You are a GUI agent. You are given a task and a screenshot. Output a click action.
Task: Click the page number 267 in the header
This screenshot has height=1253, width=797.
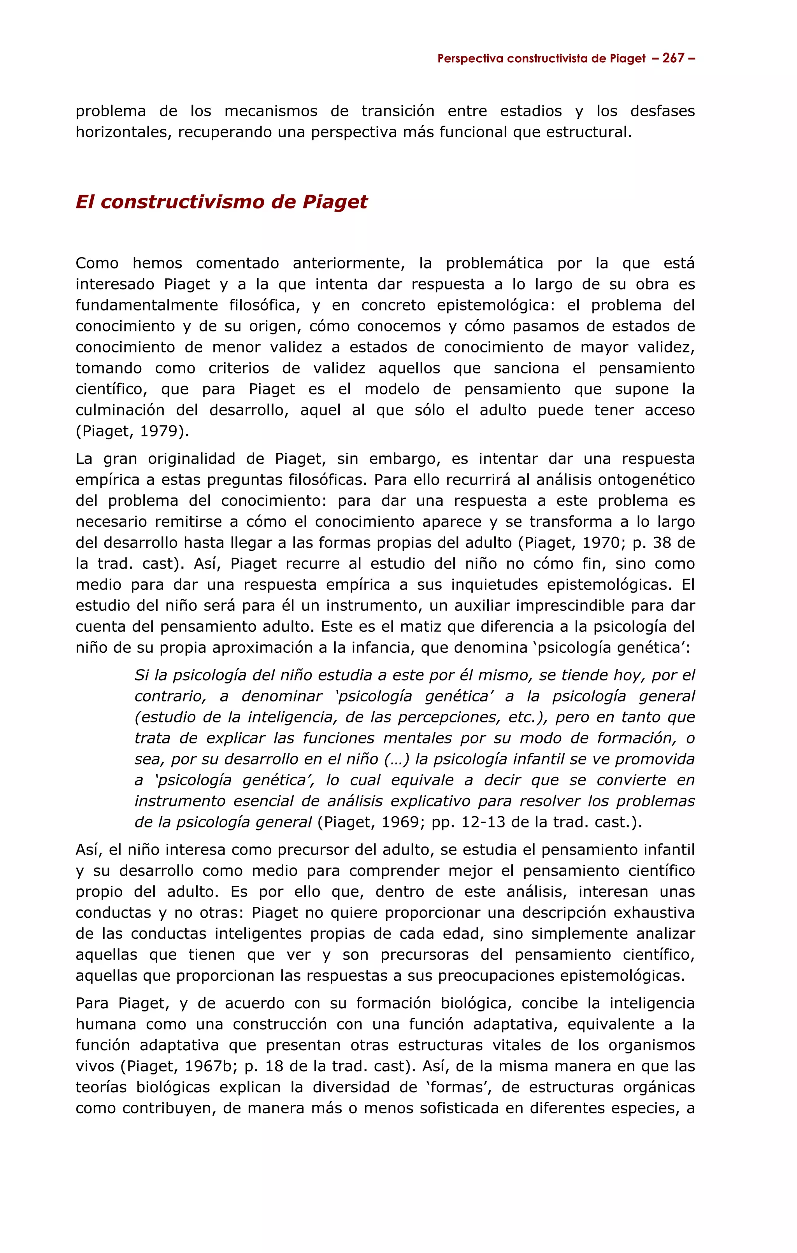pyautogui.click(x=673, y=58)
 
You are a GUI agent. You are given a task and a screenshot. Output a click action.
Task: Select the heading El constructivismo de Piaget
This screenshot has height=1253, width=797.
pyautogui.click(x=221, y=202)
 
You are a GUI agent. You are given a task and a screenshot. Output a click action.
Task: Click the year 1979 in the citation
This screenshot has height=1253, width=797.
pyautogui.click(x=159, y=431)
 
